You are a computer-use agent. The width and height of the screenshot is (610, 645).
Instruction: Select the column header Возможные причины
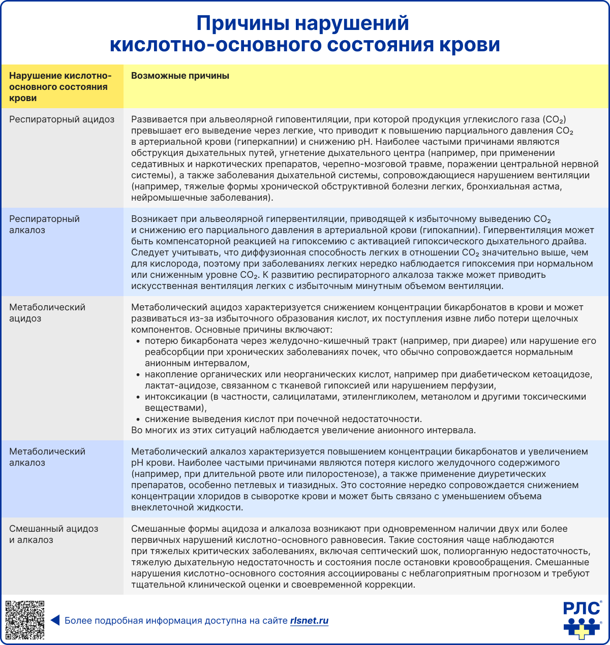pyautogui.click(x=180, y=76)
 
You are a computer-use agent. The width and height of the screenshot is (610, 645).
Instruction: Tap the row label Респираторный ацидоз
pyautogui.click(x=62, y=119)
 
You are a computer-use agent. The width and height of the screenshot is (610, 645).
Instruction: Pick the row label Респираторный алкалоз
pyautogui.click(x=45, y=224)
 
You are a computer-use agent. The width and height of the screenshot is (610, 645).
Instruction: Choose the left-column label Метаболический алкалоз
pyautogui.click(x=47, y=457)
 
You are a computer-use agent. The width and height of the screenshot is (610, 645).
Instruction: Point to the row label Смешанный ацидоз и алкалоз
pyautogui.click(x=53, y=534)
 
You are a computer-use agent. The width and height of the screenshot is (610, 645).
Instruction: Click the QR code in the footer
pyautogui.click(x=25, y=620)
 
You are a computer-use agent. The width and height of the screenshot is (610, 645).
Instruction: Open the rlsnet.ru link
pyautogui.click(x=309, y=621)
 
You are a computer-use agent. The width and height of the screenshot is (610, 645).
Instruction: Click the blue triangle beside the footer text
pyautogui.click(x=55, y=620)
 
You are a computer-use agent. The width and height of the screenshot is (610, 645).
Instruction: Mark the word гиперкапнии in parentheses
pyautogui.click(x=265, y=142)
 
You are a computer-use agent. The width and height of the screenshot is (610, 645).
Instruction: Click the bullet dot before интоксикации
pyautogui.click(x=138, y=397)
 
